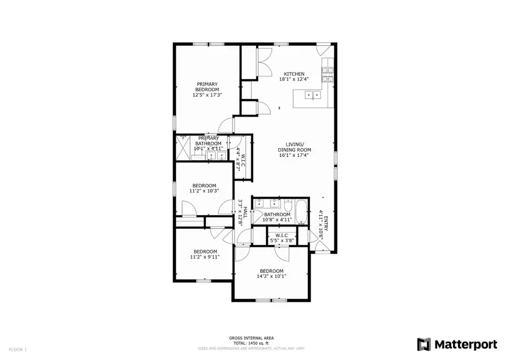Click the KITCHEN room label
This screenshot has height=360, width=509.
(x=294, y=74)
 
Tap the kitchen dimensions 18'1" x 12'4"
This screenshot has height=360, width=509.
(x=294, y=80)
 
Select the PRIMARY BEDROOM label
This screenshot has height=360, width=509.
(x=207, y=87)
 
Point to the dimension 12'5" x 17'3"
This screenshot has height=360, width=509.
(x=207, y=95)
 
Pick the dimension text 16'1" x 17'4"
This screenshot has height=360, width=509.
(x=294, y=155)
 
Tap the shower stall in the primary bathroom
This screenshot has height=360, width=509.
(x=183, y=148)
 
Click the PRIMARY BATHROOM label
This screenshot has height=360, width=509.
(x=209, y=141)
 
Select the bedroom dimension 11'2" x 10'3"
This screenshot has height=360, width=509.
(x=204, y=191)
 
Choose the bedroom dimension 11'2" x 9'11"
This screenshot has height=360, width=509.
(x=204, y=257)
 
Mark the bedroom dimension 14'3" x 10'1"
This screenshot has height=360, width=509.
(x=272, y=277)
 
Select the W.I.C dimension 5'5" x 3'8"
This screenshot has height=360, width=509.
(x=282, y=241)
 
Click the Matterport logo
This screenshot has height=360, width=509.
(x=457, y=344)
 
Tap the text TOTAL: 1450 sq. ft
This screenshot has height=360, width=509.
(x=252, y=343)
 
